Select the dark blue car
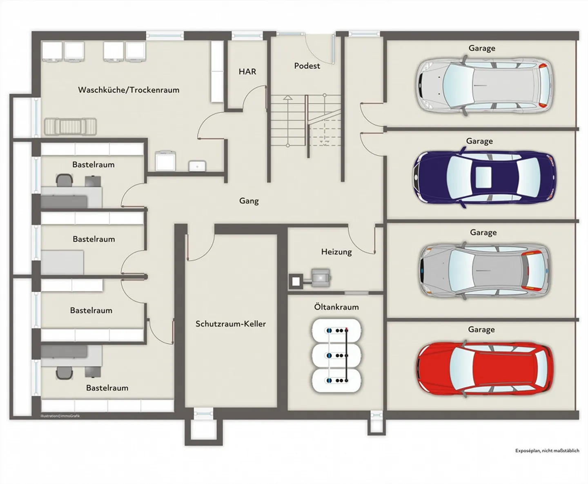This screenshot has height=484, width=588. pyautogui.click(x=484, y=178)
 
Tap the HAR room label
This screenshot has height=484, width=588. pyautogui.click(x=247, y=71)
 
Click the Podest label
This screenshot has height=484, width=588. pyautogui.click(x=307, y=66)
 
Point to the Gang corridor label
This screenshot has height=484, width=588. pyautogui.click(x=249, y=201)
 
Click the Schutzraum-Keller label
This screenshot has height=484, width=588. pyautogui.click(x=230, y=324)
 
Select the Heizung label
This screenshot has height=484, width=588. pyautogui.click(x=336, y=252)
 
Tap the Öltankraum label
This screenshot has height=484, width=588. pyautogui.click(x=336, y=307)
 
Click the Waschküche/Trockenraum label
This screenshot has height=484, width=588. pyautogui.click(x=129, y=90)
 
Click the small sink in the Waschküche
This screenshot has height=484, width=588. pyautogui.click(x=197, y=166)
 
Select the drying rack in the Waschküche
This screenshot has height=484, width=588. pyautogui.click(x=70, y=127)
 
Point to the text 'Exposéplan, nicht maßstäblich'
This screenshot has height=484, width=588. pyautogui.click(x=547, y=451)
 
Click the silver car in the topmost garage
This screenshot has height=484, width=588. pyautogui.click(x=484, y=86)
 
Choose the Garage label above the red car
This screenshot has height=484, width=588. pyautogui.click(x=481, y=329)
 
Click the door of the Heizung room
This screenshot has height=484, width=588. pyautogui.click(x=361, y=241)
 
